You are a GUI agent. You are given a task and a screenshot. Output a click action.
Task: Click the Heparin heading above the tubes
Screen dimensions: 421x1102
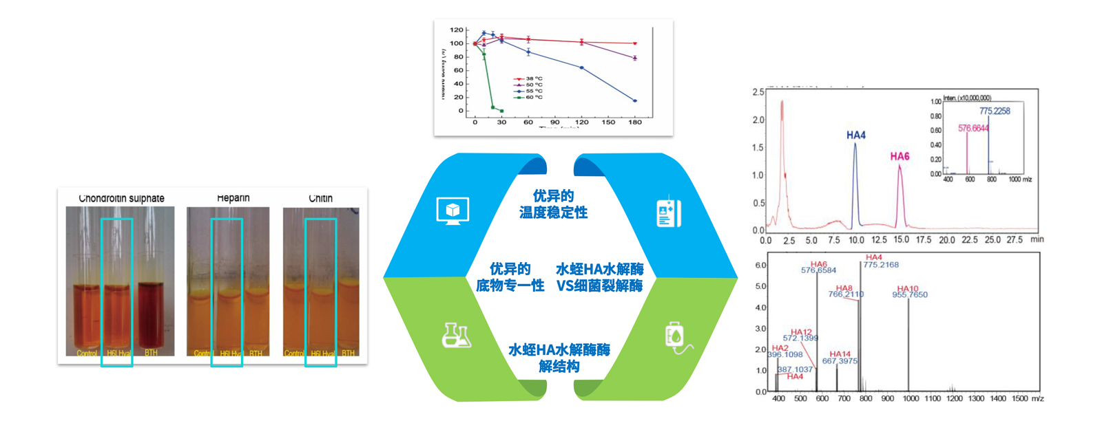[x=233, y=198]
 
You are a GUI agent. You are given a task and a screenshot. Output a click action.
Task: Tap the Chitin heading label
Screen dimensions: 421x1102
[x=320, y=198]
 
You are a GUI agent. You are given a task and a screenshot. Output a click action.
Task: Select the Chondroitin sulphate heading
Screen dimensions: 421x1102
[x=122, y=198]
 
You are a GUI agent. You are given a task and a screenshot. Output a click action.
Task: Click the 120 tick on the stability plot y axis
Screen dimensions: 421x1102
[x=457, y=30]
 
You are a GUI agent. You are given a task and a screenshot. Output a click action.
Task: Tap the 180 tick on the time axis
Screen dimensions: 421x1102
[x=635, y=122]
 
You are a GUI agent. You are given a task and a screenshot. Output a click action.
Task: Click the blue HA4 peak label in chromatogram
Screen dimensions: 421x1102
[x=856, y=136]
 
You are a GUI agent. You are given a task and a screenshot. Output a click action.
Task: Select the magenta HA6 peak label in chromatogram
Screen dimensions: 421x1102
[x=900, y=157]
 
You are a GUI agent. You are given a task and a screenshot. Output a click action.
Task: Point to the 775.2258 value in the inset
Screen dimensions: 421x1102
[x=995, y=111]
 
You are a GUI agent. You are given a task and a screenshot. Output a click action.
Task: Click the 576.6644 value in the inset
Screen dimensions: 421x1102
[x=973, y=129]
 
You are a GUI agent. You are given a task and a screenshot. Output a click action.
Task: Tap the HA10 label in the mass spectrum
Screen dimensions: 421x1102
[x=908, y=289]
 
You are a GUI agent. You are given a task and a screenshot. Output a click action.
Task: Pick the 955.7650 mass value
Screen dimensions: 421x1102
[x=910, y=295]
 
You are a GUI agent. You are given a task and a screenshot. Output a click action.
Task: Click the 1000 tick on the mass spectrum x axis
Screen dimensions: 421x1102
[x=911, y=399]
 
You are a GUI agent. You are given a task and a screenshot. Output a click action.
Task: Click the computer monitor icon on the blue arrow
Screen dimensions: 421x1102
[x=453, y=210]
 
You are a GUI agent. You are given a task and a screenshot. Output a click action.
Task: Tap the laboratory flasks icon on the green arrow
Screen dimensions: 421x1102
[x=456, y=335]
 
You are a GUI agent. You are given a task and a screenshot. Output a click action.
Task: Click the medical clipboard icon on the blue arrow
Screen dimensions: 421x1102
[x=668, y=213]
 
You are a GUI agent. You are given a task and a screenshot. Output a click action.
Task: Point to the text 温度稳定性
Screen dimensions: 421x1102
[x=553, y=213]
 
